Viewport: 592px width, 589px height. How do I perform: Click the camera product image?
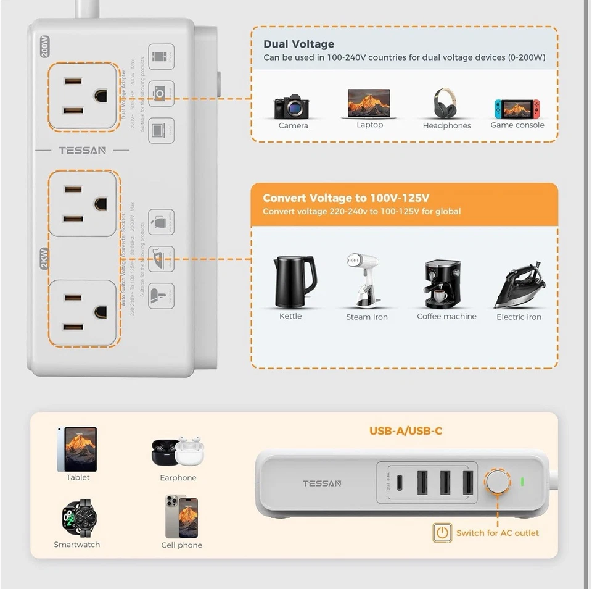point(292,107)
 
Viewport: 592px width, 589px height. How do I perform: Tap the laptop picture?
point(369,103)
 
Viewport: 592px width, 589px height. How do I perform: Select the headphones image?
point(446,103)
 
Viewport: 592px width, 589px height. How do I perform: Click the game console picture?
point(517,109)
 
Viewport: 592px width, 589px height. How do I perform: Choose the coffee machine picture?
point(442,283)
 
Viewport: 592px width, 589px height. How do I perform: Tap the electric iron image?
point(520,285)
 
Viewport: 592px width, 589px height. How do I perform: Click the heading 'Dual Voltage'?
point(298,44)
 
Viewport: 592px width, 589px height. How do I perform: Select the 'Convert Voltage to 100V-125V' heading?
point(346,198)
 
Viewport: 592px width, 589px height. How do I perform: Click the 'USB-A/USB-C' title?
point(406,431)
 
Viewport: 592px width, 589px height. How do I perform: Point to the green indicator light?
point(522,482)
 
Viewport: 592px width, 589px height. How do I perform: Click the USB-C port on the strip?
point(401,483)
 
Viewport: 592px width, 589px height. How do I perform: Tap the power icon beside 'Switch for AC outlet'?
point(442,533)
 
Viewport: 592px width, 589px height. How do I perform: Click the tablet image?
point(77,449)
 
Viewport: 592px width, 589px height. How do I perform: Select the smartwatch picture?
point(76,518)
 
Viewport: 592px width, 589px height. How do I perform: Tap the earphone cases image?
point(177,453)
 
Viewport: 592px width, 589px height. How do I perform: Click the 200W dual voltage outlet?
point(83,96)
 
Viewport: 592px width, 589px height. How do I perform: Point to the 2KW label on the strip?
point(44,258)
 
